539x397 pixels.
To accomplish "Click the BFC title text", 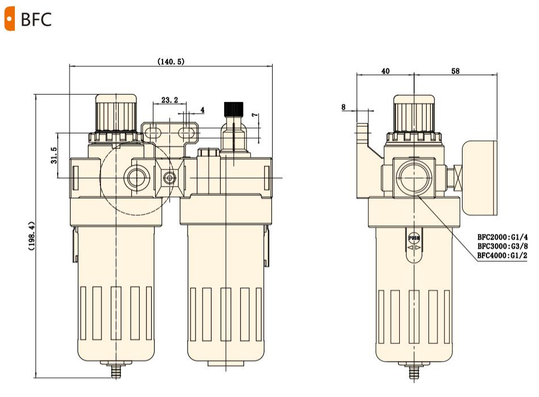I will click(x=36, y=20).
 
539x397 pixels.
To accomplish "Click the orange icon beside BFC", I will click(x=9, y=20).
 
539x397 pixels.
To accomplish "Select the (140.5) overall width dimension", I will click(x=171, y=61).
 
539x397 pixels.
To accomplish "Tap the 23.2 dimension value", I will click(x=169, y=100).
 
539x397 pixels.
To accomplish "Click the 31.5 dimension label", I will click(x=53, y=155).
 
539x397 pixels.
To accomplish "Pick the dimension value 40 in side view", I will click(x=385, y=71).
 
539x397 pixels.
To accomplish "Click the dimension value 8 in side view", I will click(x=343, y=107).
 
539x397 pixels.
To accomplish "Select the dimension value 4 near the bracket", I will click(x=202, y=109).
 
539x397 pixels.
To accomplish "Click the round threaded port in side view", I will click(x=415, y=177).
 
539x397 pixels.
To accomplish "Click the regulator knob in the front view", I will click(x=116, y=112).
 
